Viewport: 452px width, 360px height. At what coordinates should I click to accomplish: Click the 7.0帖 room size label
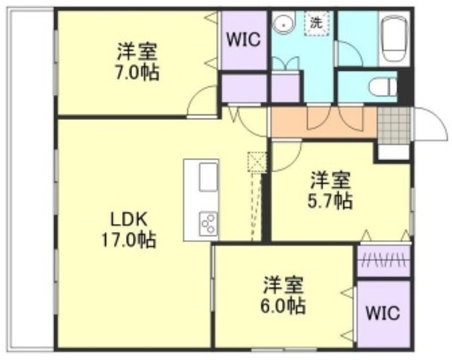138,72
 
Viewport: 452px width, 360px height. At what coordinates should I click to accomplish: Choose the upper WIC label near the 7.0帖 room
244,39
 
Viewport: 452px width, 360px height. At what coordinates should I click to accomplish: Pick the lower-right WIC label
383,312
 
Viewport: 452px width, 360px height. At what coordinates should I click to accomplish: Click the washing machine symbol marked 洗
316,23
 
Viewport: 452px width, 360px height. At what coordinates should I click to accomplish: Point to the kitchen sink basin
208,177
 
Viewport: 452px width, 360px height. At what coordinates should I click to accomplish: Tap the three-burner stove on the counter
209,223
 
